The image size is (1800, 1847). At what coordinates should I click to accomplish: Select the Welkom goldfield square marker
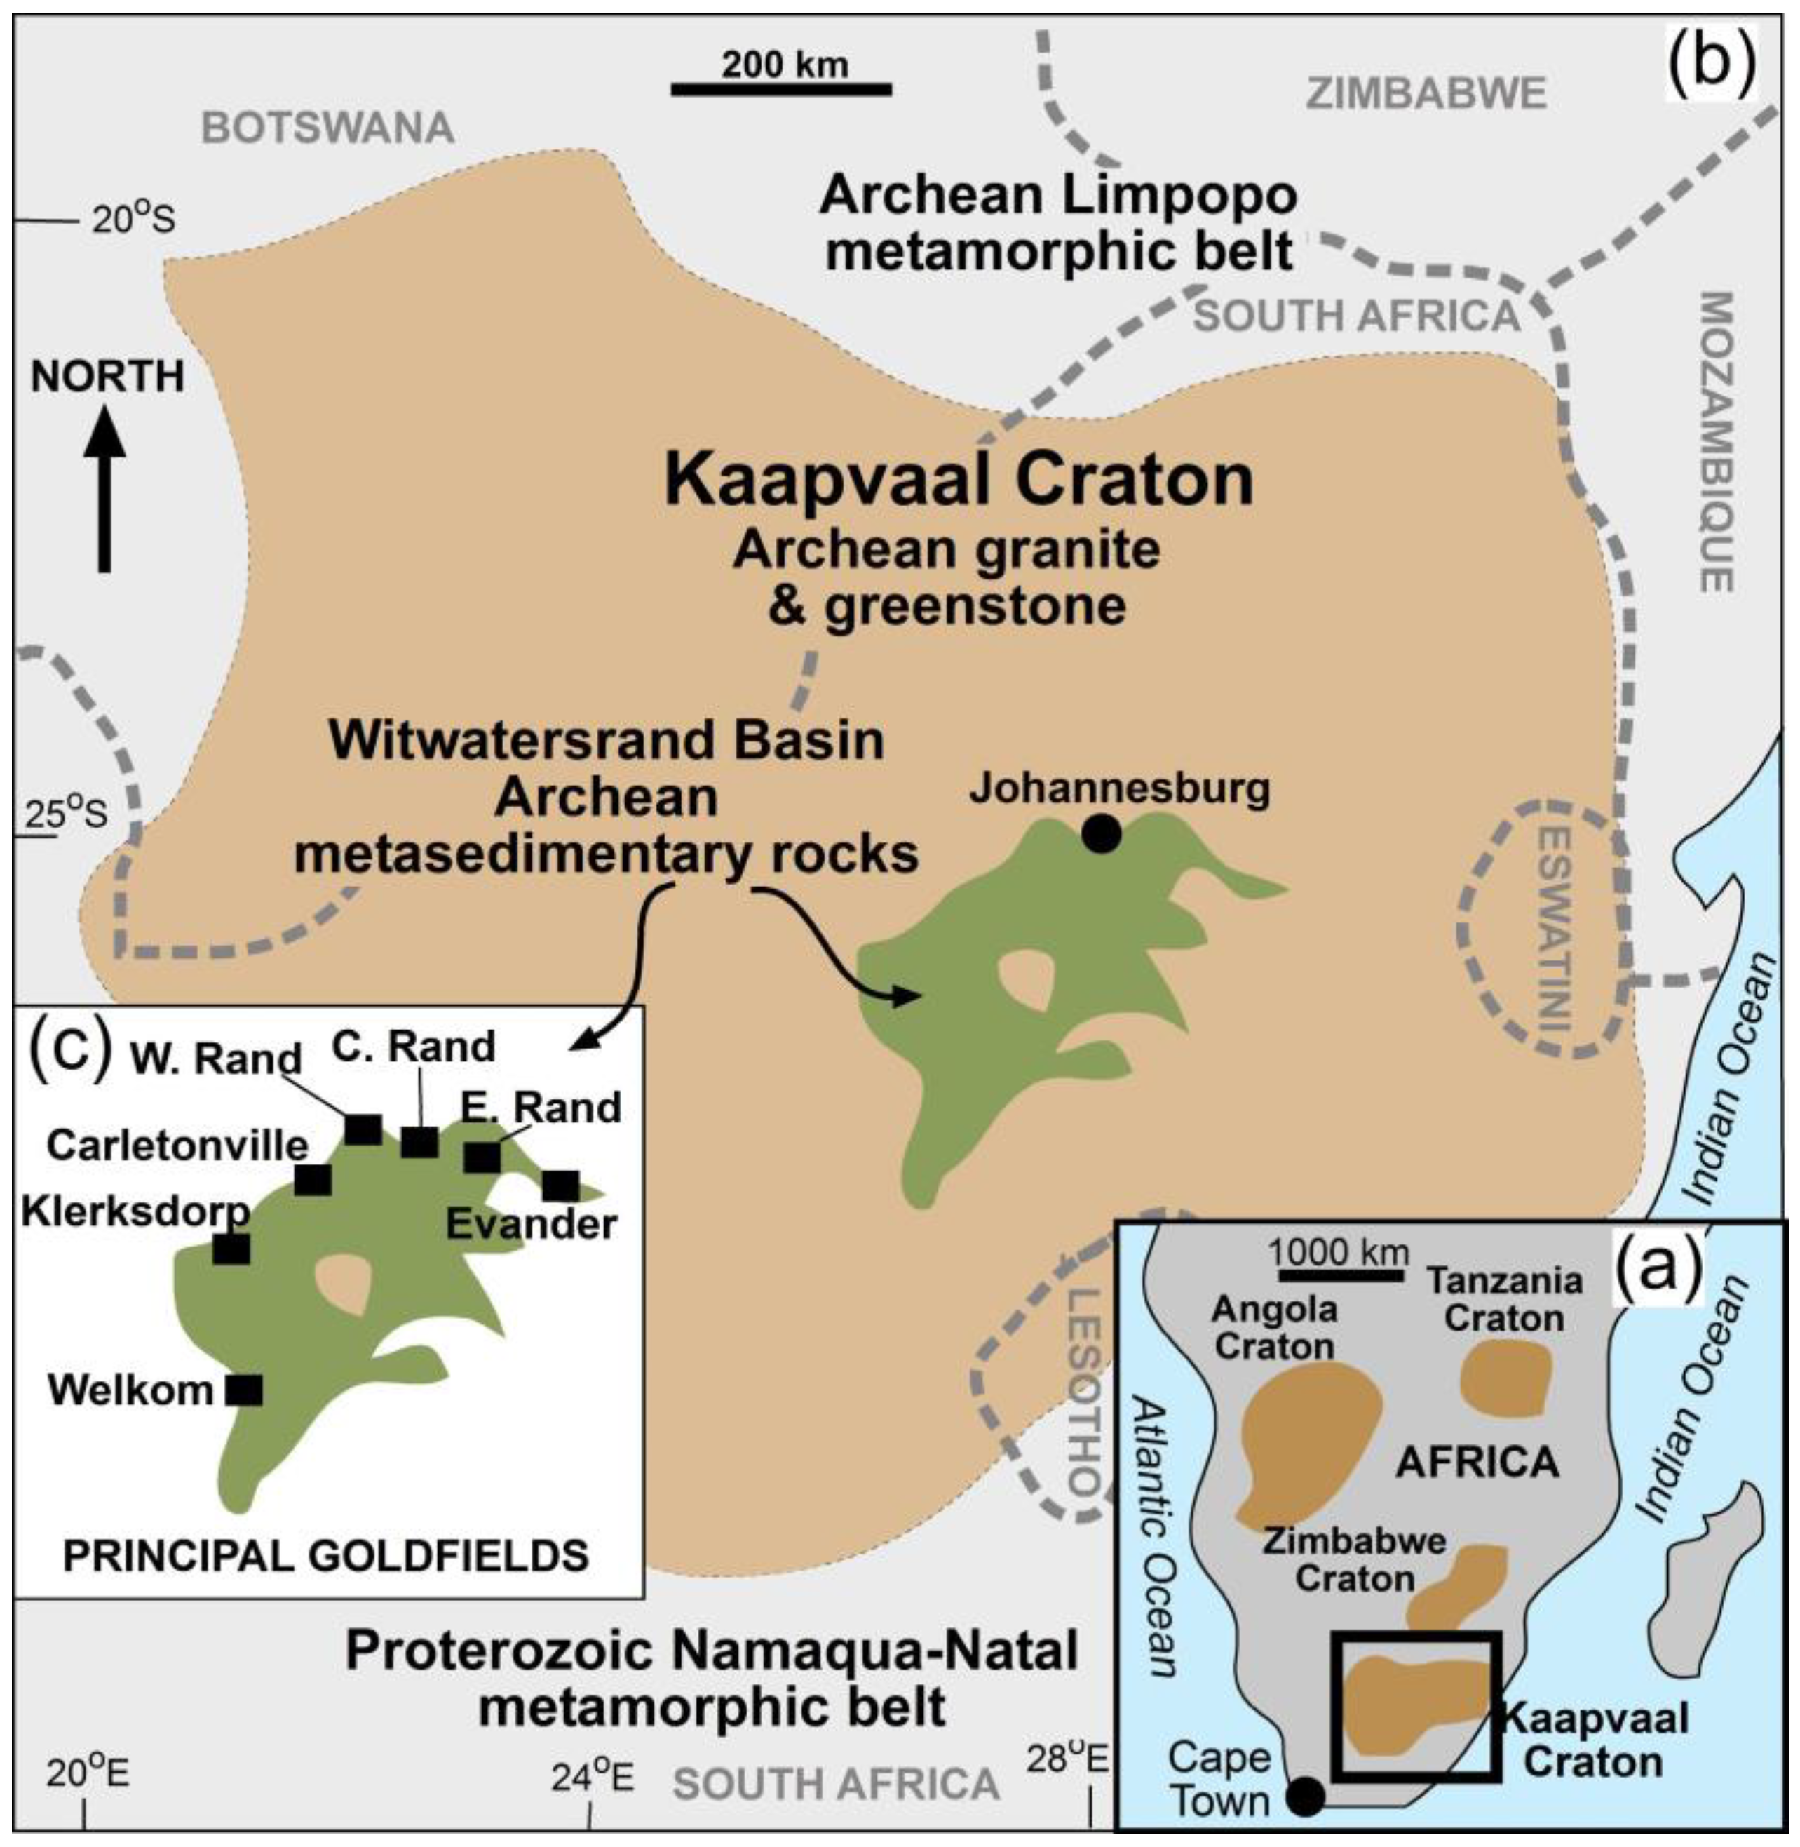[244, 1389]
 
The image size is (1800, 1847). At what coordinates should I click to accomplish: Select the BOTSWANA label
[328, 128]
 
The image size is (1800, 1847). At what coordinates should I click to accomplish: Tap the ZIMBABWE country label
[1426, 93]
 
